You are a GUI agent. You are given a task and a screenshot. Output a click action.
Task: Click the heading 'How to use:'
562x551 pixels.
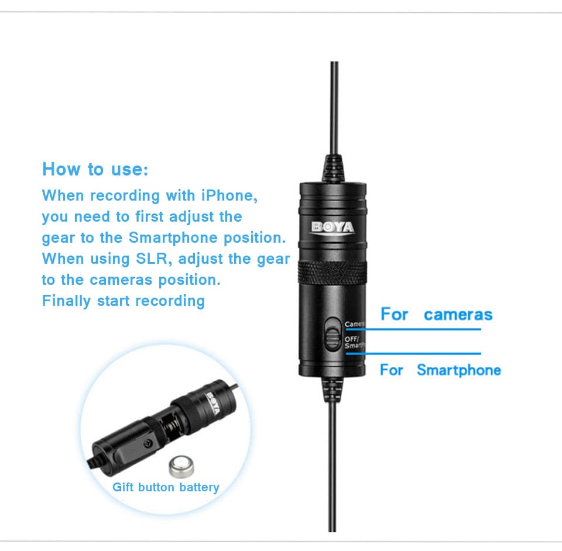pyautogui.click(x=95, y=169)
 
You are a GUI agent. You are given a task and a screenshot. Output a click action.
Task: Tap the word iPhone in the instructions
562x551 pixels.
pyautogui.click(x=229, y=195)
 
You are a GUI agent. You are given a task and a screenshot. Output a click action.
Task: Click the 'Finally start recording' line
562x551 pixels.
pyautogui.click(x=124, y=301)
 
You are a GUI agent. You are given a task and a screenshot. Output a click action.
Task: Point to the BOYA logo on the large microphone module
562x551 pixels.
pyautogui.click(x=333, y=228)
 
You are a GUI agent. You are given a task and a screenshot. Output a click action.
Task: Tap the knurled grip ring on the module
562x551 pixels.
pyautogui.click(x=333, y=273)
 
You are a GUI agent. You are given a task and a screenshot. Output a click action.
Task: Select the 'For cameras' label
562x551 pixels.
pyautogui.click(x=437, y=314)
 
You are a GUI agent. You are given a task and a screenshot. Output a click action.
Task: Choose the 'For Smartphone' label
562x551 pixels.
pyautogui.click(x=440, y=370)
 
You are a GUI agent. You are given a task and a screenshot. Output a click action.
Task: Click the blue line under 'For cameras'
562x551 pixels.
pyautogui.click(x=413, y=329)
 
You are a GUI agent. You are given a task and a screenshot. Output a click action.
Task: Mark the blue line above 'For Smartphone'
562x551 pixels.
pyautogui.click(x=413, y=354)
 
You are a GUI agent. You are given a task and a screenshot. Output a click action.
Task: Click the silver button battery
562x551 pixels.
pyautogui.click(x=181, y=467)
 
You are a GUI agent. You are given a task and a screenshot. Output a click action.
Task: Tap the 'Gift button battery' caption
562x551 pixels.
pyautogui.click(x=166, y=487)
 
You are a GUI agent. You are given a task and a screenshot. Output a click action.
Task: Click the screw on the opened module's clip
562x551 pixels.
pyautogui.click(x=148, y=445)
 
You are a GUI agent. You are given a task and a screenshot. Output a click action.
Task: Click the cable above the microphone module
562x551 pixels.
pyautogui.click(x=334, y=108)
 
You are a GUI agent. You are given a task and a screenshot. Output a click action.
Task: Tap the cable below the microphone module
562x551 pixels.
pyautogui.click(x=333, y=466)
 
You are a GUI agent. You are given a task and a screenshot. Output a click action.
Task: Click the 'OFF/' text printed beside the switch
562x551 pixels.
pyautogui.click(x=352, y=338)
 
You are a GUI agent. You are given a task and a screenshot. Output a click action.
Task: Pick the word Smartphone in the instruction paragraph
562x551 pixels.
pyautogui.click(x=173, y=237)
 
